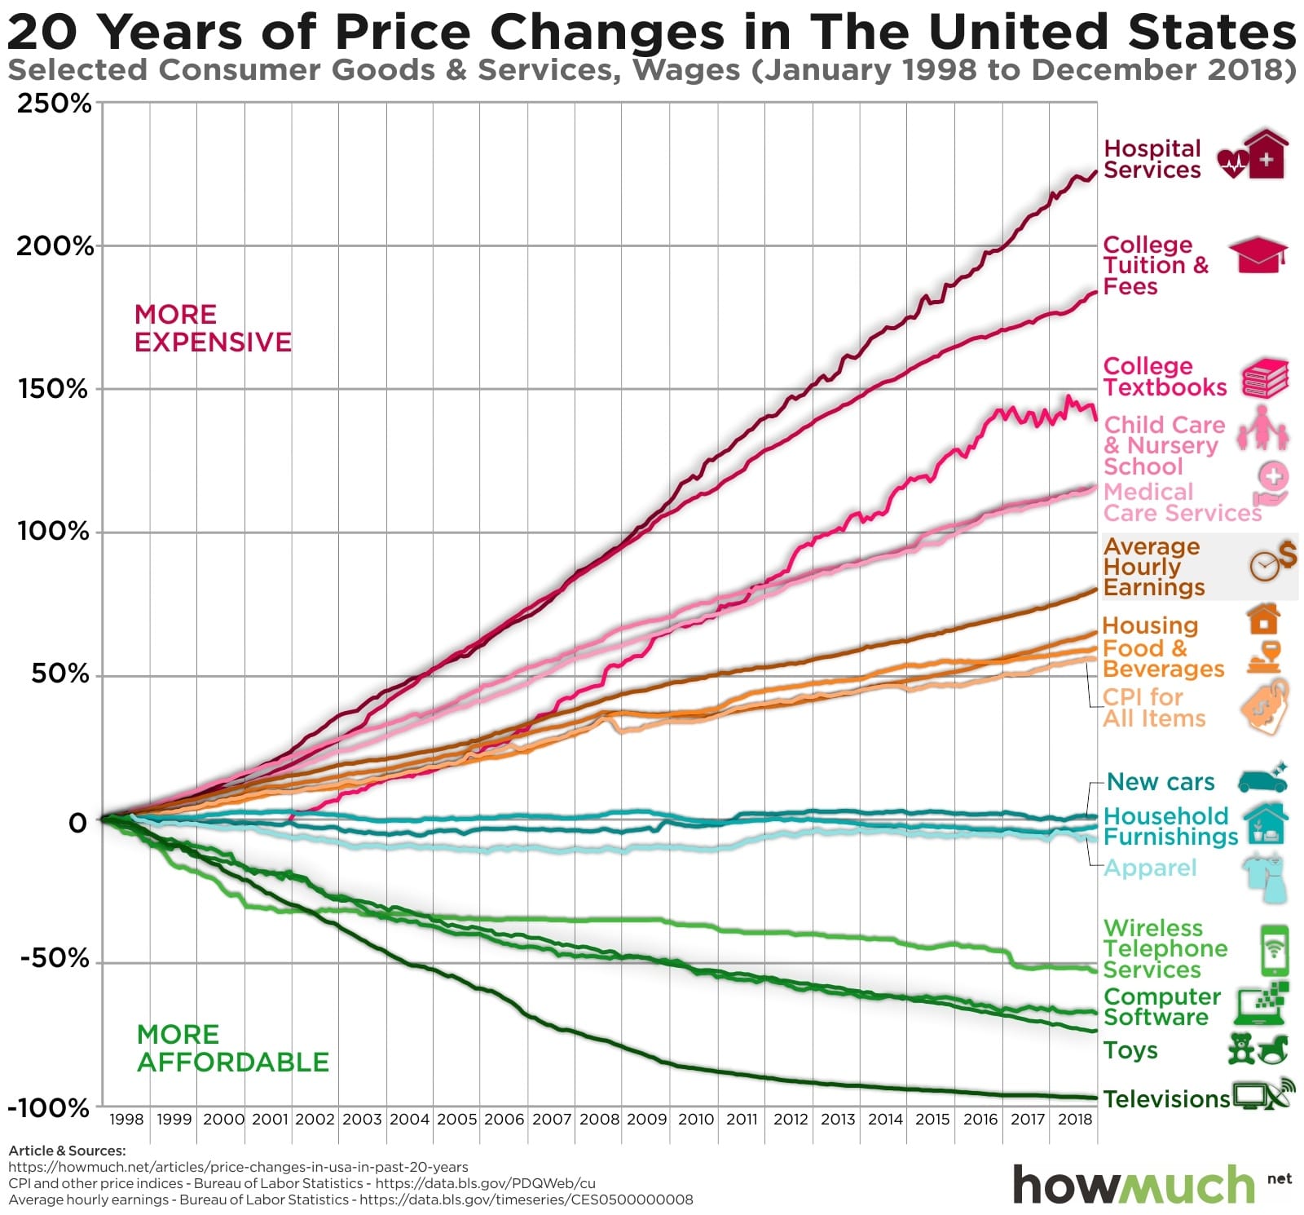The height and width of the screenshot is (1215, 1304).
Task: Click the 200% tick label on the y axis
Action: [55, 245]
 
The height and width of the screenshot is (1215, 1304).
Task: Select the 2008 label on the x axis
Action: [599, 1119]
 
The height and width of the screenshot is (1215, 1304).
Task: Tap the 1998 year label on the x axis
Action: [126, 1119]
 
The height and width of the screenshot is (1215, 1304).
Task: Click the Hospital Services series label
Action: [1152, 159]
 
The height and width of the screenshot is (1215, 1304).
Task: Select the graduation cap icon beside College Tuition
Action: [1258, 255]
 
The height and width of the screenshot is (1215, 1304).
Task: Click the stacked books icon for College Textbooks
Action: [1265, 378]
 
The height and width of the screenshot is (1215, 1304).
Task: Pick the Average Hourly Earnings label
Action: [1153, 567]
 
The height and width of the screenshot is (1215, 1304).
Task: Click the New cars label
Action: [1161, 782]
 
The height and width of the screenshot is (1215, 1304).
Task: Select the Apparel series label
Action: [1149, 868]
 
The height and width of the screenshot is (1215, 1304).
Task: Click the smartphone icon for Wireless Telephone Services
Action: [1274, 950]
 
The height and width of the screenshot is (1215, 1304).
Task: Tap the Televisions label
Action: [1166, 1098]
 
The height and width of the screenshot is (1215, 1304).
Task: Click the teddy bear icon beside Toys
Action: [1241, 1049]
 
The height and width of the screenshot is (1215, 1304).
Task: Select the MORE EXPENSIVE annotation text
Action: [212, 328]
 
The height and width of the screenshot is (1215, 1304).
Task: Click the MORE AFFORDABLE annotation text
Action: [232, 1048]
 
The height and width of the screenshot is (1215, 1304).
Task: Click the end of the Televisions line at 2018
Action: [1095, 1098]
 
